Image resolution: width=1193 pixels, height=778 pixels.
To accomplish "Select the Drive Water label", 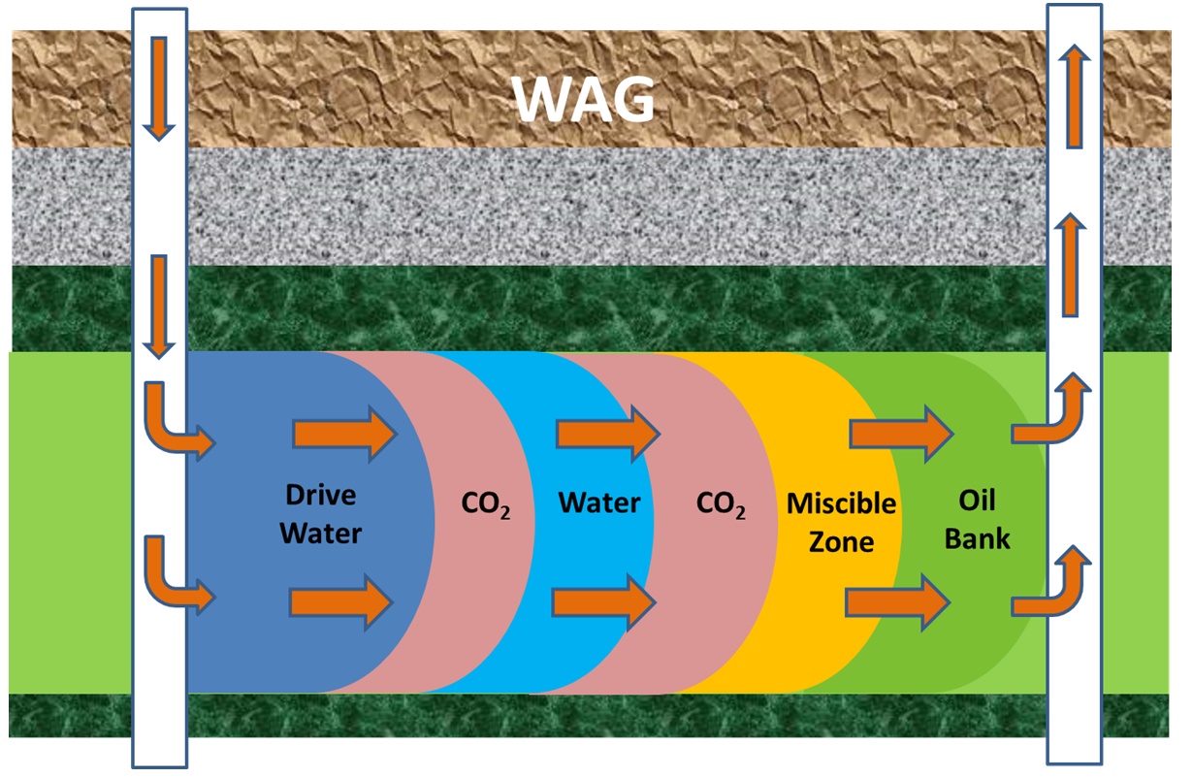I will [x=322, y=513].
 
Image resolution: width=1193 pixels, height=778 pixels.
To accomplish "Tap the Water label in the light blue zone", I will [x=598, y=503].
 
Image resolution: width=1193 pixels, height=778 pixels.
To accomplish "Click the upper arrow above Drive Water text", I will [x=344, y=434].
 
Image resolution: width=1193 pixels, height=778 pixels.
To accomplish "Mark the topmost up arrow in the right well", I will [x=1073, y=97].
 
